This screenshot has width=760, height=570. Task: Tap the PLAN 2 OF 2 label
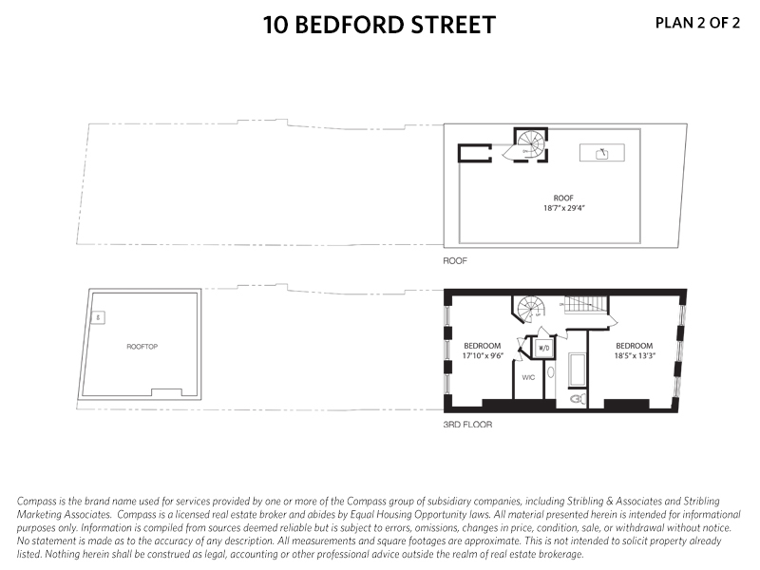point(697,24)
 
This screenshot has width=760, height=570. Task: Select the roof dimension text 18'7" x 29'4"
point(564,207)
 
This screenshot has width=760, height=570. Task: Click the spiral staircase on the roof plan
point(528,145)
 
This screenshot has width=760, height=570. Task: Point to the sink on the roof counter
point(600,153)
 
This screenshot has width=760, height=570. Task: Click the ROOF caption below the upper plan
point(455,258)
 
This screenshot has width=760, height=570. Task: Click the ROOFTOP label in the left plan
point(142,347)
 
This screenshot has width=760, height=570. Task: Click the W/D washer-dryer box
point(544,348)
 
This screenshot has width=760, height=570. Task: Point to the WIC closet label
point(529,377)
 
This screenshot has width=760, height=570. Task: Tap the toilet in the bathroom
point(576,400)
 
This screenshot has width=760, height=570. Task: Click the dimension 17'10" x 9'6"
point(482,354)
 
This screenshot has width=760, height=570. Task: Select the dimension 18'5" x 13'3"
point(634,354)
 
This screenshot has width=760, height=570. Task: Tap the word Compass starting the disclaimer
point(37,501)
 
